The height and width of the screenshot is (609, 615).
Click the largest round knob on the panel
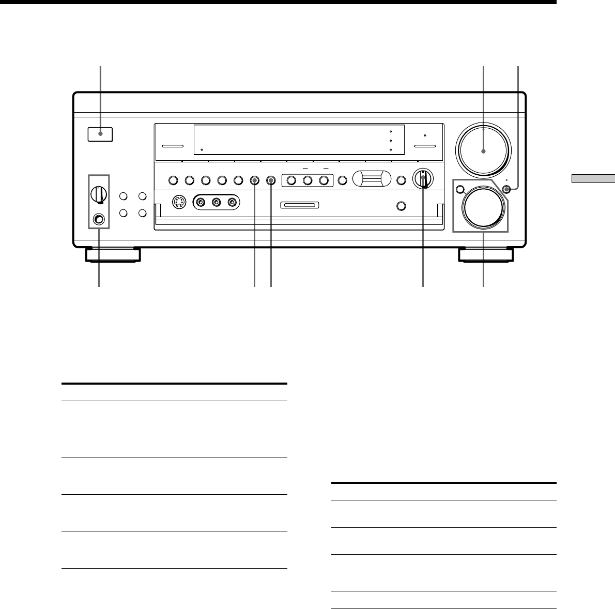point(483,150)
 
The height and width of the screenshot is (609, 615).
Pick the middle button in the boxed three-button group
point(307,180)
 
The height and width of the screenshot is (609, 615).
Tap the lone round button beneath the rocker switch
point(401,206)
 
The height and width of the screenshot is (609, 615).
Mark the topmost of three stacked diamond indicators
point(391,131)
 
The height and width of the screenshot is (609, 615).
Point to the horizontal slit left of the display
point(173,146)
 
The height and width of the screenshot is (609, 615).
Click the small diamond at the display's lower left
point(201,150)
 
